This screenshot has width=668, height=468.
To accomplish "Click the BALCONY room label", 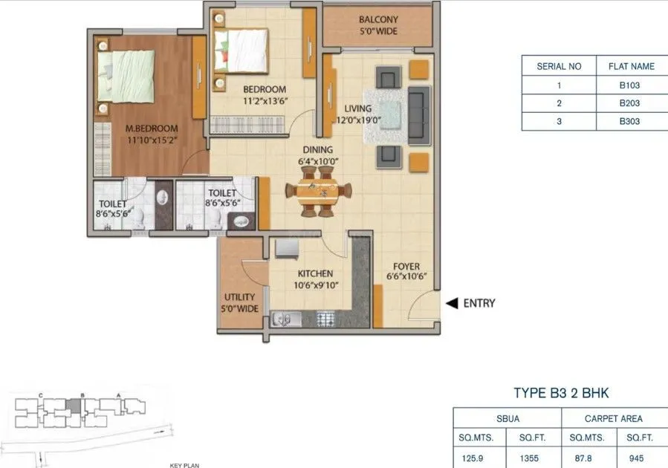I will [377, 19].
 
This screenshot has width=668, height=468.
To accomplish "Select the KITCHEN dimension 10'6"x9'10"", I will [310, 285].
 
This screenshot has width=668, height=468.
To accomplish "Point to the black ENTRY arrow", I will [451, 303].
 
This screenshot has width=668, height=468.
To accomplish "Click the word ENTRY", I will [479, 303].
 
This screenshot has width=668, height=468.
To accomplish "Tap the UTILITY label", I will [239, 296].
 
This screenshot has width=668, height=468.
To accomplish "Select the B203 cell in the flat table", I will [629, 103].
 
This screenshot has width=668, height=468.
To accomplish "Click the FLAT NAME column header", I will [631, 66].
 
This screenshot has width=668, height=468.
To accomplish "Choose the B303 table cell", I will [629, 121].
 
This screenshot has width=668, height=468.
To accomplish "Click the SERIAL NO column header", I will [559, 66].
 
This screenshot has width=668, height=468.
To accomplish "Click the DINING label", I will [317, 149].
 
